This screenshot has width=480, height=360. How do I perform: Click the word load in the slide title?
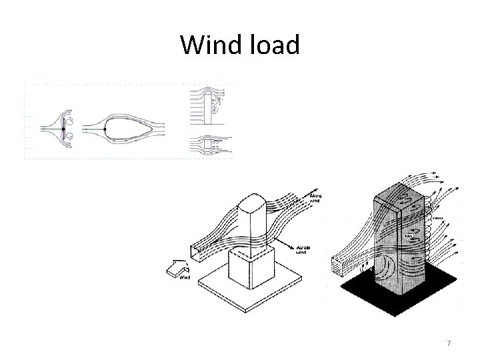[x=274, y=45]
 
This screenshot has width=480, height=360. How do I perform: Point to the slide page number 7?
[x=449, y=343]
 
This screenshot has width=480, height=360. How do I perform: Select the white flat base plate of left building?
[x=220, y=293]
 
